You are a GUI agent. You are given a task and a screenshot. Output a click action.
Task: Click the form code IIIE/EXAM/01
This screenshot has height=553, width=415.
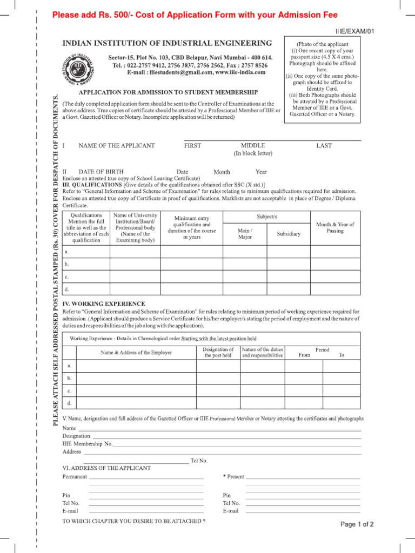pyautogui.click(x=354, y=31)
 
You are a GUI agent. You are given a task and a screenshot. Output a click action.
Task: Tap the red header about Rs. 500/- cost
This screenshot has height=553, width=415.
pyautogui.click(x=195, y=15)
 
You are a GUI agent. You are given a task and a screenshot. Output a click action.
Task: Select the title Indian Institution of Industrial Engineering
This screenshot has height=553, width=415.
pyautogui.click(x=168, y=43)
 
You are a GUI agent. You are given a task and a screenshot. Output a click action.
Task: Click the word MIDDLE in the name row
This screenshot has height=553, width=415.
pyautogui.click(x=253, y=146)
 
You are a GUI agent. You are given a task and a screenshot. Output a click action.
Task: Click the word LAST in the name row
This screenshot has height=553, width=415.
pyautogui.click(x=324, y=146)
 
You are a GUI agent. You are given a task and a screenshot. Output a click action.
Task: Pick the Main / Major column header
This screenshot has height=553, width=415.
pyautogui.click(x=245, y=234)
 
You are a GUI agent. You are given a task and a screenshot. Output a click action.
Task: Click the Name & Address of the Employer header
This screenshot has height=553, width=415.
pyautogui.click(x=136, y=353)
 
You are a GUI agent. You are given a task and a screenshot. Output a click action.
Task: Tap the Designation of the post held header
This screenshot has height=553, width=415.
pyautogui.click(x=218, y=353)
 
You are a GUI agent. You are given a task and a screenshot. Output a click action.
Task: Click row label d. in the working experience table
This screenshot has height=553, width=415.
pyautogui.click(x=69, y=403)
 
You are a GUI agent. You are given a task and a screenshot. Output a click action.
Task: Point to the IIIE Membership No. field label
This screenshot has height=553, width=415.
pyautogui.click(x=88, y=443)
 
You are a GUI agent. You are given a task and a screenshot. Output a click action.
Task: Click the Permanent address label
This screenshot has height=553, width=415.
pyautogui.click(x=75, y=477)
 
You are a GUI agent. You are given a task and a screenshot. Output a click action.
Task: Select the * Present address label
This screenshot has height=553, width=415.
pyautogui.click(x=233, y=477)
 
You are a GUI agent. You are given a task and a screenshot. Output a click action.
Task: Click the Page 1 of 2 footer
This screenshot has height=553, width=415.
pyautogui.click(x=357, y=524)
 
